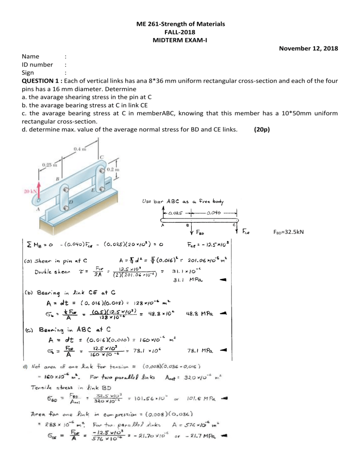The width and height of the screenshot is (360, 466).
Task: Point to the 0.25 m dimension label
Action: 48,165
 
